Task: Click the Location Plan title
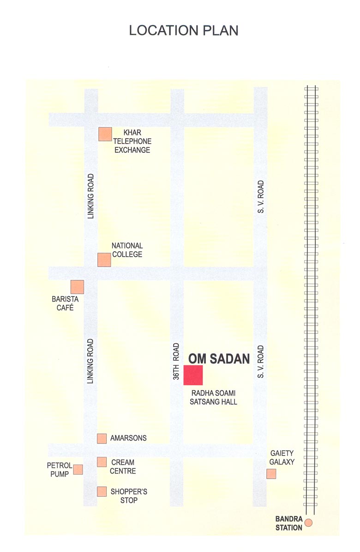[x=184, y=30]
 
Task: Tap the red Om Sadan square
[x=193, y=375]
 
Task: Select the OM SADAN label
[x=219, y=358]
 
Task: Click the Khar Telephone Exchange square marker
[x=105, y=134]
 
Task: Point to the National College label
[x=127, y=250]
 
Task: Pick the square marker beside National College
[x=104, y=260]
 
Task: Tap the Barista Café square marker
[x=77, y=287]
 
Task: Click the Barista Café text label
[x=65, y=303]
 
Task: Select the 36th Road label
[x=176, y=361]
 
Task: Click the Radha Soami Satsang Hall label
[x=213, y=397]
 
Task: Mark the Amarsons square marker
[x=102, y=438]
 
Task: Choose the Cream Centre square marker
[x=102, y=462]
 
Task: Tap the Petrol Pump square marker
[x=78, y=469]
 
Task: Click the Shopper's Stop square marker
[x=102, y=491]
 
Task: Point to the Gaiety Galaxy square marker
[x=271, y=473]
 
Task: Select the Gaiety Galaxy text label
[x=282, y=458]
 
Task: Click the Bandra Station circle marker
[x=309, y=522]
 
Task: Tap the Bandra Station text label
[x=289, y=523]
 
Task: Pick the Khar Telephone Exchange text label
[x=132, y=141]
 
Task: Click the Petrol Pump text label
[x=60, y=469]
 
